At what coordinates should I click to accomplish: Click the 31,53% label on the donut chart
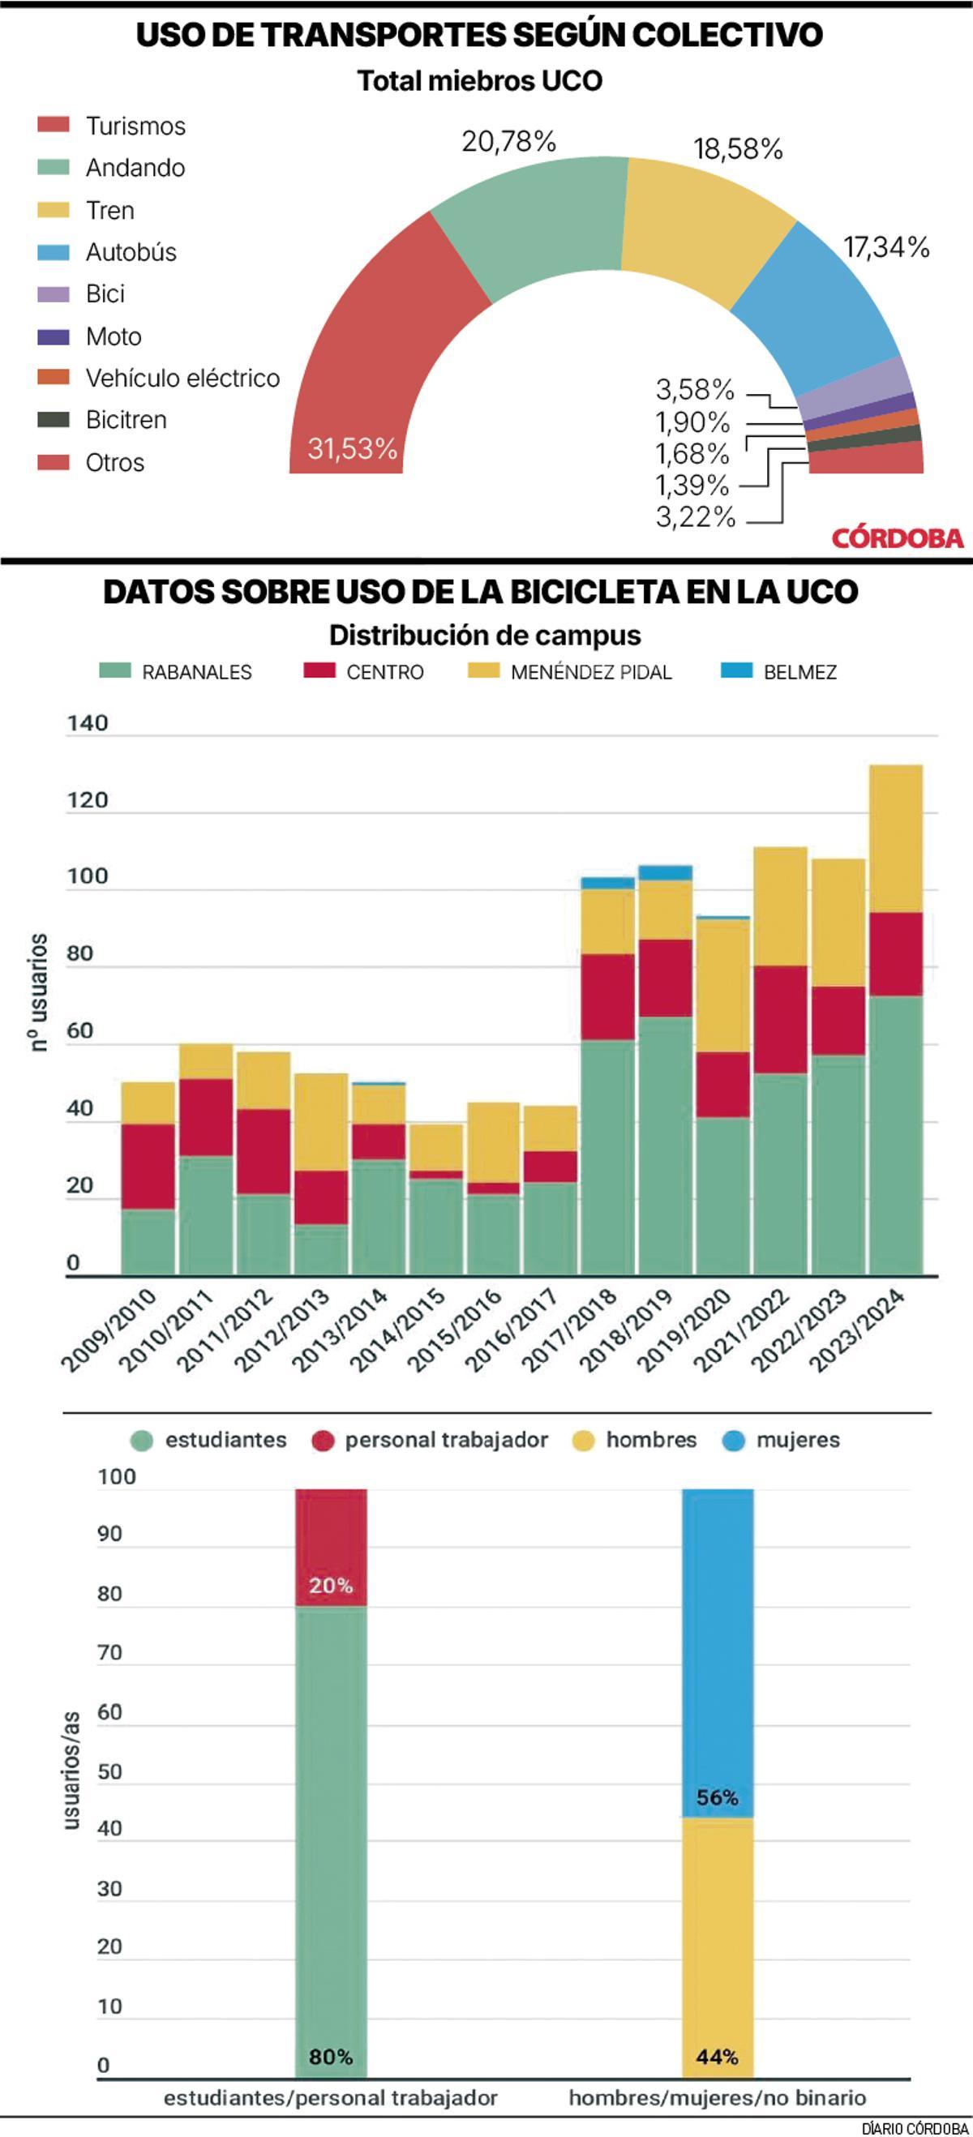click(353, 449)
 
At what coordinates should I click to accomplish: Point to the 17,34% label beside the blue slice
click(886, 247)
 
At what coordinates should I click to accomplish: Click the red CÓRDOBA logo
click(898, 537)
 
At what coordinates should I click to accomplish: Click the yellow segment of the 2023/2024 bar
click(896, 838)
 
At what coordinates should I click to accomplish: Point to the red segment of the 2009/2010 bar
click(148, 1166)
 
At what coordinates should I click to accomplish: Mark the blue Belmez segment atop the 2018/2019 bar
click(665, 872)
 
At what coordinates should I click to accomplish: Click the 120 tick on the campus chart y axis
click(88, 800)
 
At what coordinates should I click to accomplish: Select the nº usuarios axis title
click(38, 992)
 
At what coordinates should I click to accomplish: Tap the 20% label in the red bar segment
click(331, 1586)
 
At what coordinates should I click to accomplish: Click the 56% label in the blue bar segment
click(717, 1797)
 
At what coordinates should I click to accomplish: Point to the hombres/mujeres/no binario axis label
click(717, 2099)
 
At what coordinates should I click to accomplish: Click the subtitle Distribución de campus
click(485, 636)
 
